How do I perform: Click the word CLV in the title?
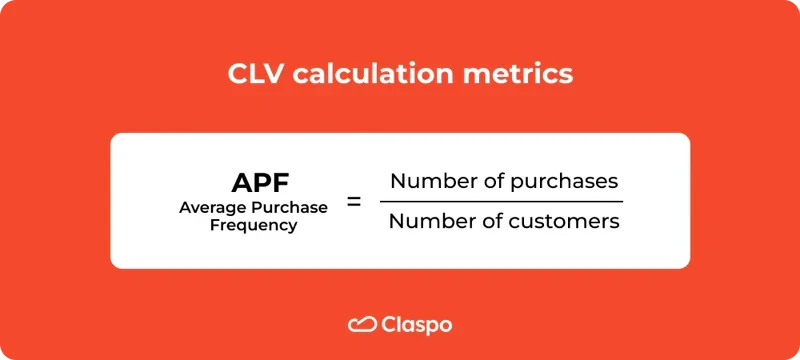click(x=253, y=75)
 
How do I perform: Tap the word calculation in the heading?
click(x=378, y=75)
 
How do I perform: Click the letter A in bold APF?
click(x=242, y=182)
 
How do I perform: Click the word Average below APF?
click(x=212, y=207)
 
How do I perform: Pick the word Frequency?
click(x=253, y=225)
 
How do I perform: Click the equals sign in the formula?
click(x=353, y=202)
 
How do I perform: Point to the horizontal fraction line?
click(x=501, y=201)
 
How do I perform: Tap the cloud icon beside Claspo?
click(x=361, y=324)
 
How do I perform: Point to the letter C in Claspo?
click(x=389, y=324)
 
